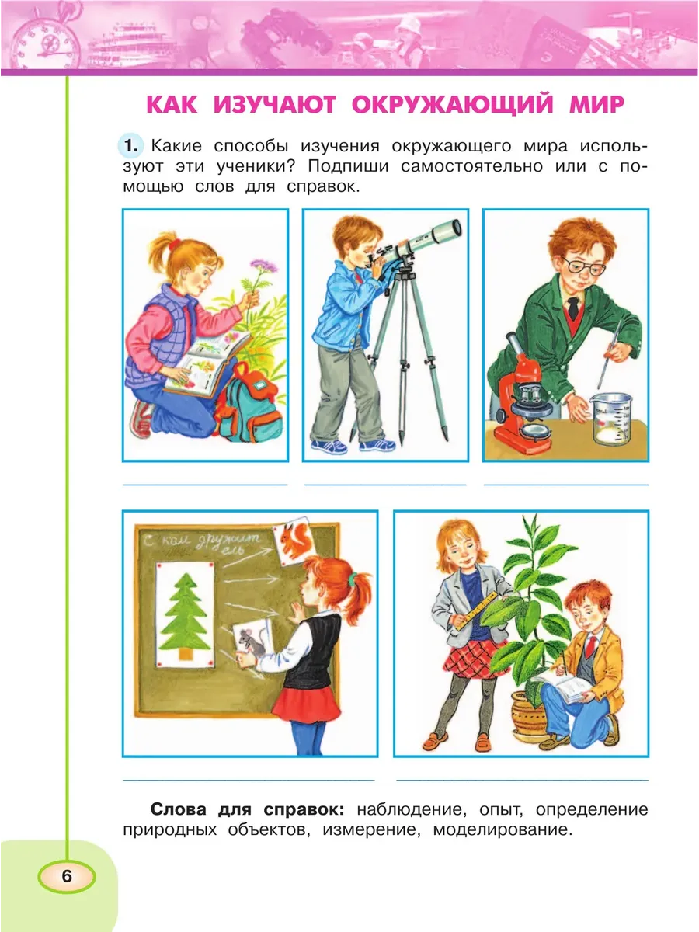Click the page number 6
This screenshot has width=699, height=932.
pos(67,876)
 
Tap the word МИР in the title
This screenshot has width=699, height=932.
pos(596,104)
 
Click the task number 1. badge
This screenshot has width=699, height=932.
pos(130,146)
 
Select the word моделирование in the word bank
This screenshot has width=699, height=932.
pos(503,829)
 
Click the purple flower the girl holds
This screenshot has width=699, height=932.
pos(263,266)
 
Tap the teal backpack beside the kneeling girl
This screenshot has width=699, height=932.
pos(248,403)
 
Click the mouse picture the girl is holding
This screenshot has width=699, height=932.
pos(252,640)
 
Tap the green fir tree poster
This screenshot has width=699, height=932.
pos(185,614)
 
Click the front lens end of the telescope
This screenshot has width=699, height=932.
pos(457,229)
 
